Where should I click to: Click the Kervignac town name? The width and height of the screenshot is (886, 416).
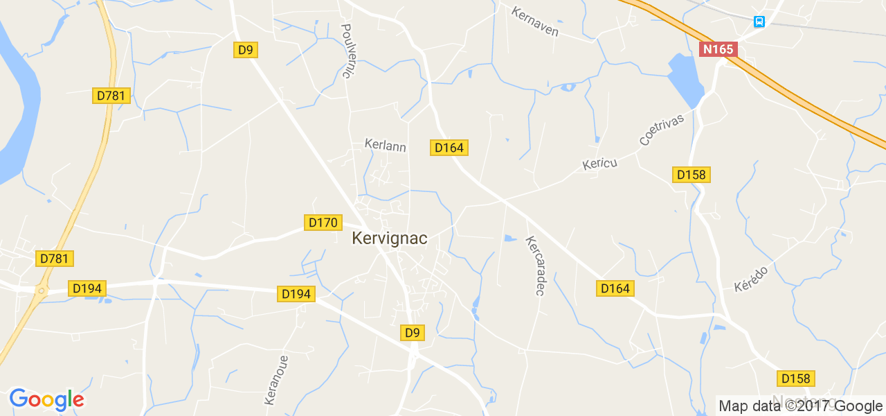389,239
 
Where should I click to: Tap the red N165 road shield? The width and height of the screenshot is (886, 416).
718,49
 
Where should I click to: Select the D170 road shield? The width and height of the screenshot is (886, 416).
323,223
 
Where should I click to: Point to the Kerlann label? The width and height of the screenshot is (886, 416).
385,146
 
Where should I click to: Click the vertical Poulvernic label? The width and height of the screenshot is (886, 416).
347,51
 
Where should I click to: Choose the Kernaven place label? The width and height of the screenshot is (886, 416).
535,21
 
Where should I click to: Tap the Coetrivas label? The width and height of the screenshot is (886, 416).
661,130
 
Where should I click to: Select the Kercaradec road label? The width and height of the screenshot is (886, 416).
535,266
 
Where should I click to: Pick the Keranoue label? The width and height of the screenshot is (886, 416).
275,379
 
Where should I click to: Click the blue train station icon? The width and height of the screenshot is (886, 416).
759,21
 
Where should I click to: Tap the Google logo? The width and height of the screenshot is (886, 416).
46,399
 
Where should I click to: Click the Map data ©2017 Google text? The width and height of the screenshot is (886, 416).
800,406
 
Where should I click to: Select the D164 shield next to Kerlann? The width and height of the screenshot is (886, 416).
449,147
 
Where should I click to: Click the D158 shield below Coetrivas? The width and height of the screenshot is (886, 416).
691,175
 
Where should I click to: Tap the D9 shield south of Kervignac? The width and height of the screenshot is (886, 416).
412,333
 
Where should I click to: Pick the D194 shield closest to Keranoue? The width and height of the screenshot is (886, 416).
297,294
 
